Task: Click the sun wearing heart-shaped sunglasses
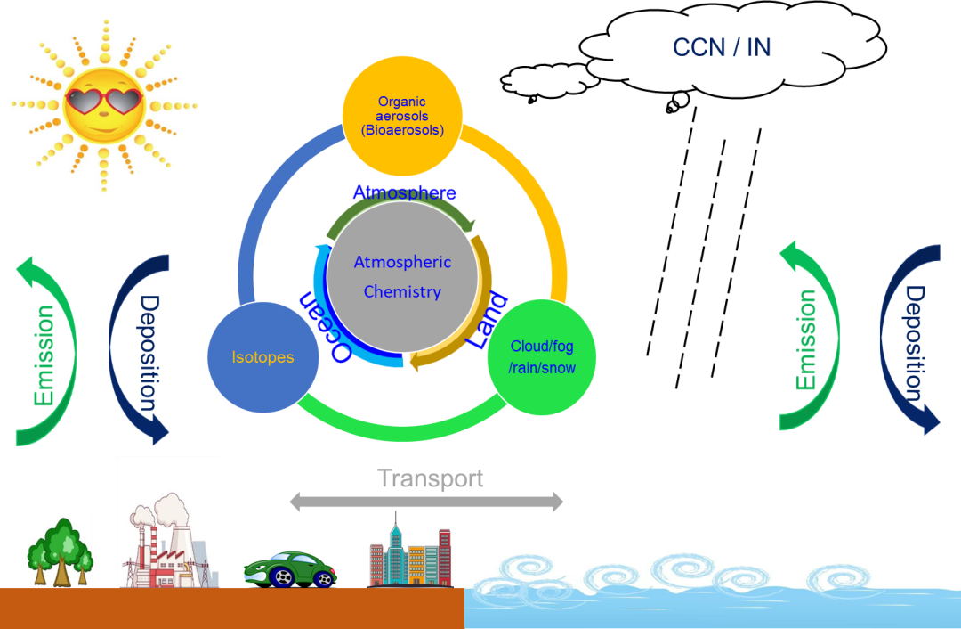[x=105, y=104]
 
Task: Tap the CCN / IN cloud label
[x=722, y=48]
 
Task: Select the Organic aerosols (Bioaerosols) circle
[x=402, y=116]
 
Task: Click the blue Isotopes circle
[x=262, y=357]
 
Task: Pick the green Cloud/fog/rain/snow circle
[x=542, y=356]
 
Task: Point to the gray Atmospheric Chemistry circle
[x=402, y=276]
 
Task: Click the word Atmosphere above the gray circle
[x=404, y=192]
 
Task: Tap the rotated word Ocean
[x=326, y=325]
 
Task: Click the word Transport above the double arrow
[x=431, y=478]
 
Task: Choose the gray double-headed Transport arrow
[x=426, y=502]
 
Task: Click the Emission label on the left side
[x=44, y=355]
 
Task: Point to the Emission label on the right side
[x=807, y=339]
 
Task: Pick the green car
[x=290, y=570]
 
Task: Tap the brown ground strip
[x=231, y=609]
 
